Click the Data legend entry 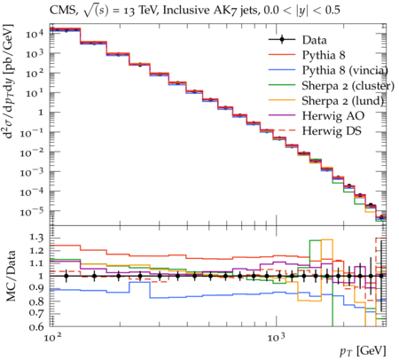[314, 40]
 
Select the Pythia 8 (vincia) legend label [345, 70]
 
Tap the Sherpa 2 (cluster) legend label [348, 86]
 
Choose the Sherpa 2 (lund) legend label [343, 101]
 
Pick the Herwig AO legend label [333, 116]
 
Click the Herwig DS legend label [332, 131]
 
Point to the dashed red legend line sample [282, 130]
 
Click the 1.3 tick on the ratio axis [36, 238]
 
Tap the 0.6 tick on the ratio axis [36, 327]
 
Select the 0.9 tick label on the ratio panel [36, 288]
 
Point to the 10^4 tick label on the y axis [35, 34]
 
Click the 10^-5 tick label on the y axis [32, 211]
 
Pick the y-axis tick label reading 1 [41, 113]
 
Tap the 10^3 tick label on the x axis [276, 337]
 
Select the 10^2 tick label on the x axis [52, 337]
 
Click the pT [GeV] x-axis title [363, 351]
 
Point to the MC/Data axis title [12, 276]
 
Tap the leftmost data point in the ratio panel [66, 276]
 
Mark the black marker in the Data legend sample [282, 40]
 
